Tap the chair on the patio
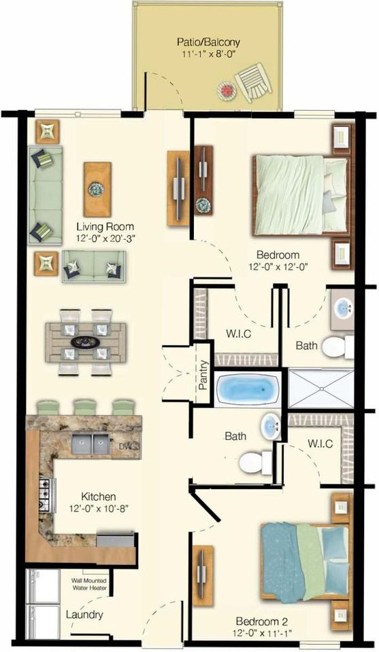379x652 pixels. (x=254, y=81)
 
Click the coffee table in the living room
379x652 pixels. (x=97, y=188)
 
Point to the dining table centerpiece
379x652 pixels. (x=86, y=342)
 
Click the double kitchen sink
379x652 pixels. (x=91, y=444)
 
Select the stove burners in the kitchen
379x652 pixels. (x=46, y=495)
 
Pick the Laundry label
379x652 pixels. (x=84, y=615)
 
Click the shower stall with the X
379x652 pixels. (x=319, y=388)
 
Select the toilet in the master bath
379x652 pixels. (x=336, y=347)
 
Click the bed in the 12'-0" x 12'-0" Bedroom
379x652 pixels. (x=299, y=194)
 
